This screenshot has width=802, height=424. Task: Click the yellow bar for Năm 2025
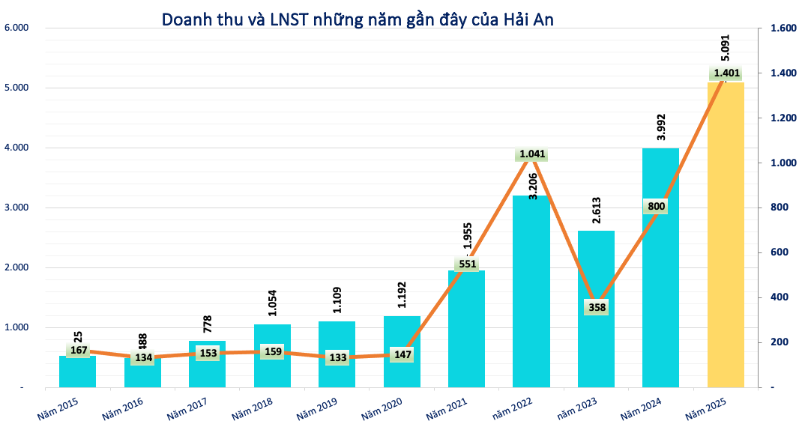click(x=726, y=240)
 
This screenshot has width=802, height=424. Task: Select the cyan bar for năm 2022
click(x=531, y=300)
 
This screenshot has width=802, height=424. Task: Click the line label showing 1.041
click(x=531, y=154)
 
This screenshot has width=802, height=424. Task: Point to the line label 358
click(x=597, y=307)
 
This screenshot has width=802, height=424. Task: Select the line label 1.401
click(x=726, y=73)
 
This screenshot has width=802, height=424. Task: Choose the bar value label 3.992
click(x=661, y=127)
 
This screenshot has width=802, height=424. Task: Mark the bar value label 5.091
click(x=726, y=47)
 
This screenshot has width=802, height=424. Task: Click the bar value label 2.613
click(x=597, y=211)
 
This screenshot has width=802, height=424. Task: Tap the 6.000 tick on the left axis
click(x=16, y=28)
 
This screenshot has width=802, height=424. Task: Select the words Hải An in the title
click(x=528, y=19)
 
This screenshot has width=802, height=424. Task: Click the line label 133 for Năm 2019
click(x=337, y=357)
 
